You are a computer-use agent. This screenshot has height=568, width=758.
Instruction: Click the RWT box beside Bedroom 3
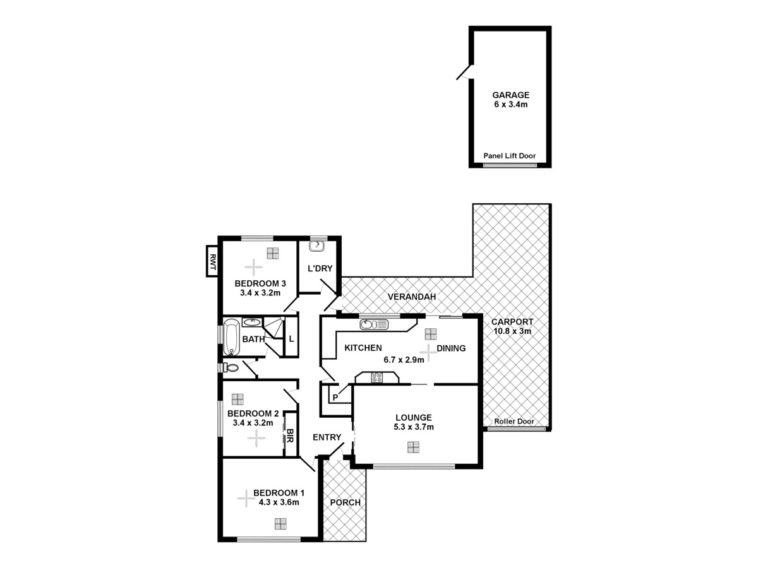[213, 261]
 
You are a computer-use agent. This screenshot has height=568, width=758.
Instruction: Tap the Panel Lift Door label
[509, 155]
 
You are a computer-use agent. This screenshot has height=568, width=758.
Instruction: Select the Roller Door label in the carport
[514, 421]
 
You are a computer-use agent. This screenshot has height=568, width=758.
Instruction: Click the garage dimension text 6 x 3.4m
[511, 105]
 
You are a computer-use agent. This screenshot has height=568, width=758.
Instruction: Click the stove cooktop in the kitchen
[376, 378]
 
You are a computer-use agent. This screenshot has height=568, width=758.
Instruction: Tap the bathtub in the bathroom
[231, 339]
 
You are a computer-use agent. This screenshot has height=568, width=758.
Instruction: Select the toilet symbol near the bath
[231, 367]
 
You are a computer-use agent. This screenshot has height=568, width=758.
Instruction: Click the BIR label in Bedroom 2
[290, 435]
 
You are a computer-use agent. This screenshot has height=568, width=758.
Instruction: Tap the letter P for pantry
[335, 398]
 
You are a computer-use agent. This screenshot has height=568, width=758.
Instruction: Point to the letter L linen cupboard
[291, 339]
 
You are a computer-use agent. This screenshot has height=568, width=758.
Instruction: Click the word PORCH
[345, 502]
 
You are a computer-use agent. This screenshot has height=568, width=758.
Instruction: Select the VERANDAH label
[412, 297]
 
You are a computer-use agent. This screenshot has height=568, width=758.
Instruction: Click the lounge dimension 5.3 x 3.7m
[414, 427]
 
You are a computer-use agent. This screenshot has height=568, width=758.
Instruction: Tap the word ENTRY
[327, 437]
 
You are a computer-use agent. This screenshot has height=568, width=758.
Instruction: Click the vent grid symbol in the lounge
[412, 447]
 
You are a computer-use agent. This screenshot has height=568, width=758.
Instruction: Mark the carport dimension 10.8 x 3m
[512, 331]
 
